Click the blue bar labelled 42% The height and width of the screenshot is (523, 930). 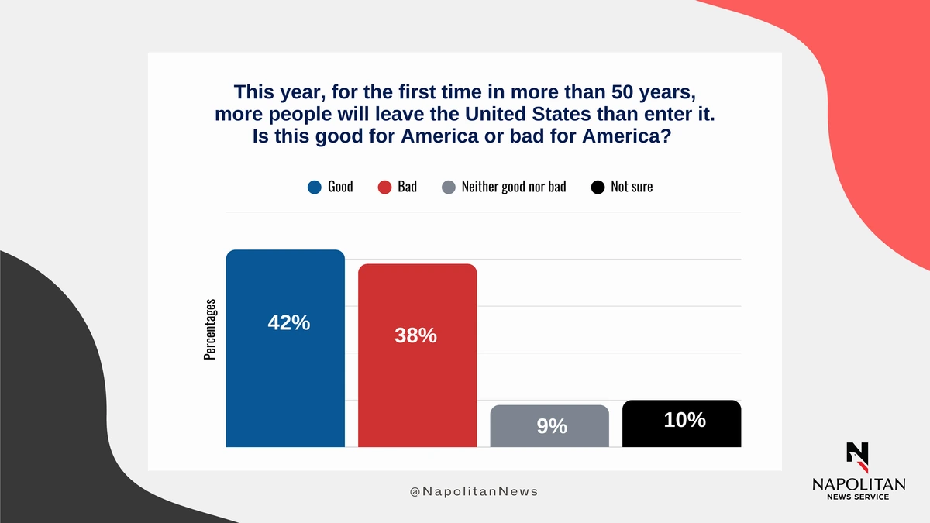(285, 348)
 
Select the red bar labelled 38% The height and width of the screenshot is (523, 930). (417, 356)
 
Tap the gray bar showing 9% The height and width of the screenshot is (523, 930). (549, 426)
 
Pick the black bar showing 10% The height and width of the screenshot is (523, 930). (682, 423)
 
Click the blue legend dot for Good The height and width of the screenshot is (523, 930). (315, 188)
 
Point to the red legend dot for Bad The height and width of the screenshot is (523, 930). (384, 188)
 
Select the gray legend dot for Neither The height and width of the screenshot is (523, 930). (449, 188)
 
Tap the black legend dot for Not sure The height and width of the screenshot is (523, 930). (598, 188)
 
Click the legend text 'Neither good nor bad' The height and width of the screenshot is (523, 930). (514, 187)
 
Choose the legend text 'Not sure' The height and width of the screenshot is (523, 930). (632, 187)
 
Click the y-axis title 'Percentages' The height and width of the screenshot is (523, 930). (210, 329)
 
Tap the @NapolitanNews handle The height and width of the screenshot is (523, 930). (474, 491)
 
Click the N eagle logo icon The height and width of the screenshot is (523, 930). (857, 457)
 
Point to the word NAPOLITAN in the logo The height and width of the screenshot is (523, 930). (859, 484)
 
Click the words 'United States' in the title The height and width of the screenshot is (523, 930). (527, 114)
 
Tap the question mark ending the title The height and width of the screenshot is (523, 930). (666, 136)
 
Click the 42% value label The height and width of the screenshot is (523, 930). (289, 322)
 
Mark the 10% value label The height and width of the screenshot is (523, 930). (684, 420)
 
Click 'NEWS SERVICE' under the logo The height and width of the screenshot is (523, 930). (858, 497)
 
